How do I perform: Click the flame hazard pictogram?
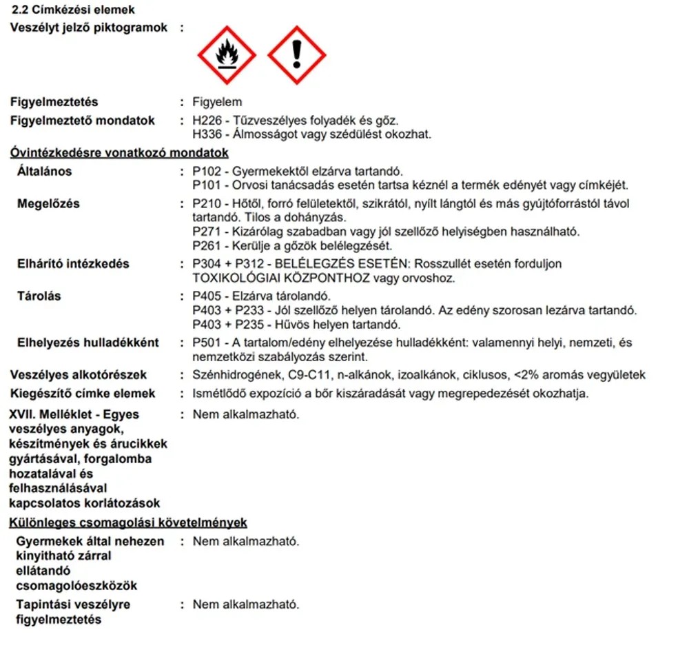click(227, 55)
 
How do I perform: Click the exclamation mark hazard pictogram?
click(297, 55)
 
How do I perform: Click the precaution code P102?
click(207, 171)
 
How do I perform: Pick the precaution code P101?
click(207, 185)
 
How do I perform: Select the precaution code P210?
click(207, 204)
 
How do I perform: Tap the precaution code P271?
click(207, 231)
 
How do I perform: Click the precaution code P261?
click(207, 245)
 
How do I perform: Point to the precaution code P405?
click(207, 296)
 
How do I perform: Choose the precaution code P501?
click(207, 343)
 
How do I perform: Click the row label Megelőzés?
click(48, 204)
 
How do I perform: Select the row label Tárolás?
click(39, 296)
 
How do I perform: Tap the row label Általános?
click(44, 171)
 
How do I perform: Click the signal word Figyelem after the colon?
click(217, 102)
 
